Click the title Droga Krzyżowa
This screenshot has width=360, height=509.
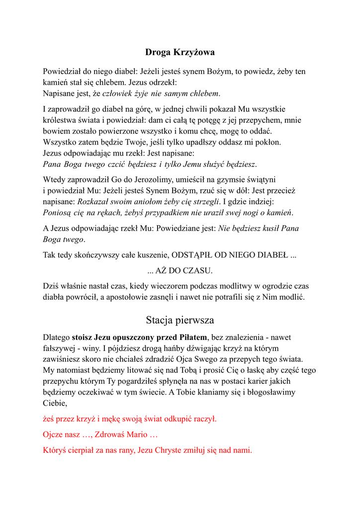180,52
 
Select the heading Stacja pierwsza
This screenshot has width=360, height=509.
180,320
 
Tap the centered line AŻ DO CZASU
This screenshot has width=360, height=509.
180,271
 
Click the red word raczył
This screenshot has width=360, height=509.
205,419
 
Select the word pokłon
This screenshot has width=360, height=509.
269,142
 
